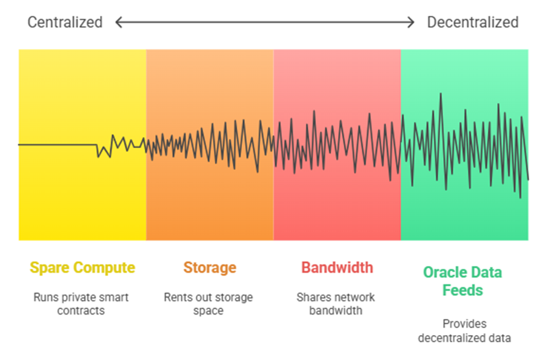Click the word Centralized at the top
tap(65, 22)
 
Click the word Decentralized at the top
tap(473, 22)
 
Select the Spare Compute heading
tap(82, 268)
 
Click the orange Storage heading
tap(210, 267)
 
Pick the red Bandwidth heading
tap(337, 267)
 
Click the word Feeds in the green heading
tap(463, 290)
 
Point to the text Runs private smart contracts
tap(81, 304)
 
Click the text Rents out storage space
tap(209, 304)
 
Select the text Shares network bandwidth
tap(336, 304)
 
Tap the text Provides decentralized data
tap(464, 331)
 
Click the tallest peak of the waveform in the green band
tap(441, 94)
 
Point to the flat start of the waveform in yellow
tap(58, 145)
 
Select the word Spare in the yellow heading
tap(50, 268)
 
